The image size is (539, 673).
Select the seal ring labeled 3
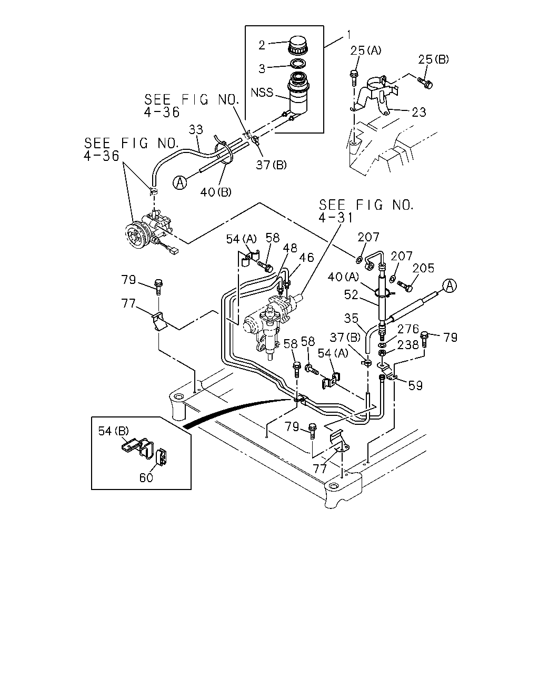(298, 64)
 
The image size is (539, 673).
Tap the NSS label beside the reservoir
(262, 93)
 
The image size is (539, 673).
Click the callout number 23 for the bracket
(419, 112)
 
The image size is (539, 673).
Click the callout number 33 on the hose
(196, 129)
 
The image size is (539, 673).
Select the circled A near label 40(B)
(180, 182)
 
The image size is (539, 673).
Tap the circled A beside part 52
(450, 285)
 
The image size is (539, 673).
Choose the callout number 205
(423, 268)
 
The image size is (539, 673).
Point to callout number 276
(408, 329)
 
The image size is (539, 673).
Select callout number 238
(408, 345)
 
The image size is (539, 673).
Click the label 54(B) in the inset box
(113, 431)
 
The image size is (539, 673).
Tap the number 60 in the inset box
(146, 477)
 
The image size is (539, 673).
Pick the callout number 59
(415, 385)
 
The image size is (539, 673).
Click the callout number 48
(290, 248)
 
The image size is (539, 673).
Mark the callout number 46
(306, 258)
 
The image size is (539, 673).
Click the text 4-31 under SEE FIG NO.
(335, 218)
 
